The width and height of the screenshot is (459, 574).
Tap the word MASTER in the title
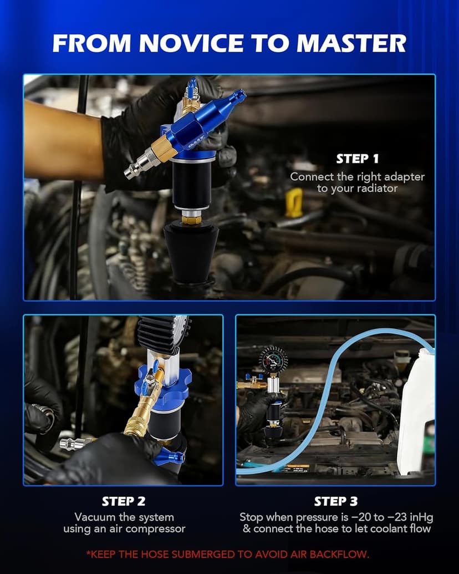click(x=351, y=43)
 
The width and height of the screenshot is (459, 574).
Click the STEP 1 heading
click(x=357, y=159)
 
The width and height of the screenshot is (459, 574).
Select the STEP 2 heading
click(x=124, y=501)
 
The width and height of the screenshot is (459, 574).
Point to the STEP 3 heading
click(x=335, y=501)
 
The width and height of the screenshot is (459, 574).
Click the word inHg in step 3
click(x=421, y=517)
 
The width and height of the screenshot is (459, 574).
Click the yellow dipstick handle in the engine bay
click(x=294, y=202)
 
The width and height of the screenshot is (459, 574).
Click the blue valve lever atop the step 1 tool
click(x=191, y=88)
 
